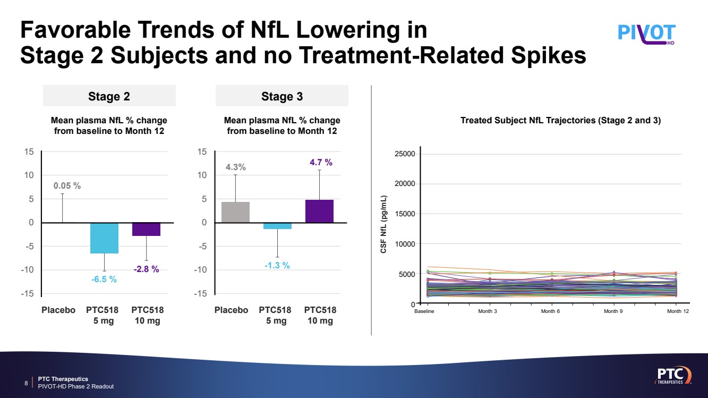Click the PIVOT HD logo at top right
click(646, 33)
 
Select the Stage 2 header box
click(109, 96)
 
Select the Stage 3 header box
click(282, 96)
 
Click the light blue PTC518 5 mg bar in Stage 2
click(104, 238)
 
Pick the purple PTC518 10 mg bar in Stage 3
click(319, 211)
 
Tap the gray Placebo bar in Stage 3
click(235, 212)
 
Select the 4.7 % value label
click(321, 163)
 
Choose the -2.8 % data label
click(146, 269)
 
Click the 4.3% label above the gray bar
click(236, 167)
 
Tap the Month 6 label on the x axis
click(550, 311)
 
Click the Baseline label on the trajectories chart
click(424, 311)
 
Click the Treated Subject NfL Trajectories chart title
click(560, 121)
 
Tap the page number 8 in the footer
click(27, 383)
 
